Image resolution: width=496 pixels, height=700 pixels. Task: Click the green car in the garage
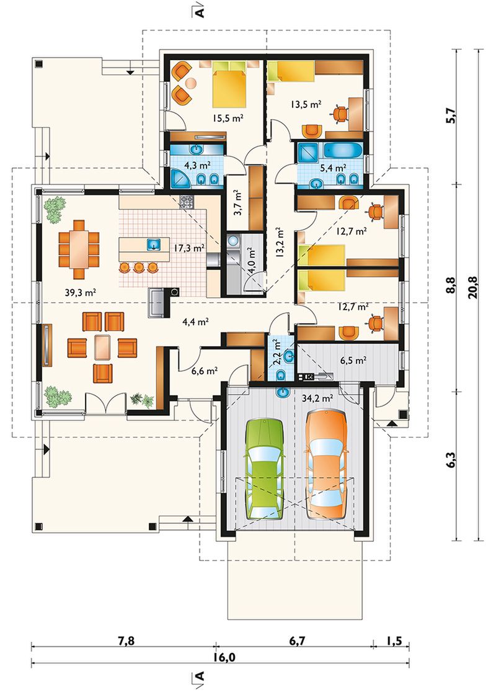(x=265, y=469)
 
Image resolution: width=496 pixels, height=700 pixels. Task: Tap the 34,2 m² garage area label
(x=317, y=398)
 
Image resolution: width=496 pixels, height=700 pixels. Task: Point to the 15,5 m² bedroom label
(x=228, y=119)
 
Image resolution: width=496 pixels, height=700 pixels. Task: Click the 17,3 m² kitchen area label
(x=189, y=248)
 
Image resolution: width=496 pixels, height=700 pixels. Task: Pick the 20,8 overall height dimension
(x=473, y=287)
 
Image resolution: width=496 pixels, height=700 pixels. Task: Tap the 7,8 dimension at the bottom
(x=126, y=641)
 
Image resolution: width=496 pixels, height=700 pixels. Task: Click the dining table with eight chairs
(x=79, y=249)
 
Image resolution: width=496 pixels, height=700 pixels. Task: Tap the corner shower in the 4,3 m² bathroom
(x=182, y=177)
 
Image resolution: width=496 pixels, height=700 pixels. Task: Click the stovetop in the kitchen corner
(x=187, y=202)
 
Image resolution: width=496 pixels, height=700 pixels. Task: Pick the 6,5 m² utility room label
(x=353, y=361)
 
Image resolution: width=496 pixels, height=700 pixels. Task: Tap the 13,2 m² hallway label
(x=280, y=243)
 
